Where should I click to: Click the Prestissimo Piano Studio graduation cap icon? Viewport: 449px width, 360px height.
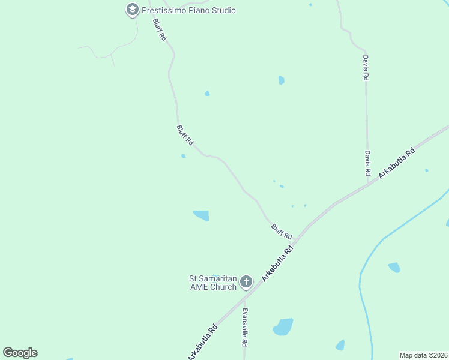point(132,10)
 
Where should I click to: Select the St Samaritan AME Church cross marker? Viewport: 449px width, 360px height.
point(246,282)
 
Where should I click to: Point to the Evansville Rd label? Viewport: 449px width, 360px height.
point(245,328)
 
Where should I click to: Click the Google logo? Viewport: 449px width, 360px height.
point(20,353)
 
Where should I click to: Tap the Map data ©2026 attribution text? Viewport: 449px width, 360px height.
point(423,355)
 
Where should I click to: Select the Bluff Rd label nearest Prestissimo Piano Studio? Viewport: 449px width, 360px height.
point(159,29)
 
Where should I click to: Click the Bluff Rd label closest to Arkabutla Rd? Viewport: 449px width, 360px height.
point(281,231)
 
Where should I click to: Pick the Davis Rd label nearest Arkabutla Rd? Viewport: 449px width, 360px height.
point(367,163)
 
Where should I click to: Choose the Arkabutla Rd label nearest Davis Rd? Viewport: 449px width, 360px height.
point(397,163)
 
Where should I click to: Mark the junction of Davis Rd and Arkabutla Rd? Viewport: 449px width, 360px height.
point(368,184)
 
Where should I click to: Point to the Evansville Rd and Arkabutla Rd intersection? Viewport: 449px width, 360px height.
point(244,296)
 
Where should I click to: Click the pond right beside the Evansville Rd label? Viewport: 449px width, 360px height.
point(283,327)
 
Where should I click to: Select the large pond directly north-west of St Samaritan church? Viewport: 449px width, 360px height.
point(201,215)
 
